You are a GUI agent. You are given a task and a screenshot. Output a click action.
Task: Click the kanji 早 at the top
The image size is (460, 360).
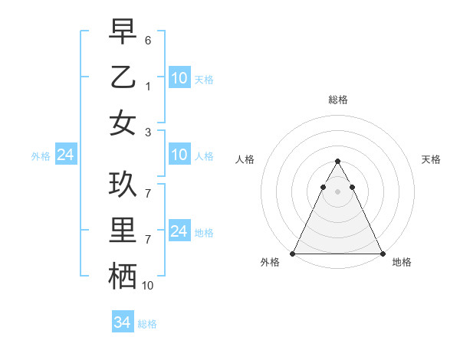pos(123,31)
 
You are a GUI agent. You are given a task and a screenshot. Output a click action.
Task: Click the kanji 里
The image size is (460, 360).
pos(123,230)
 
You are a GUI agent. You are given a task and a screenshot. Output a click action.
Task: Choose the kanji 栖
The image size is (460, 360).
pos(123,276)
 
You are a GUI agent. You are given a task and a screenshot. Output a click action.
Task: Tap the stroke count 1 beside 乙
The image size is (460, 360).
pos(148,86)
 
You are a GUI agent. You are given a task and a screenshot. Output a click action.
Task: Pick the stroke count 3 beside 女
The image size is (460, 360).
pos(148,132)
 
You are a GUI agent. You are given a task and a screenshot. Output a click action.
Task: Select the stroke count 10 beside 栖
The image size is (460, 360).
pos(148,285)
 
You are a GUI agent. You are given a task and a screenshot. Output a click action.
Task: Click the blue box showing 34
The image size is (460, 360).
pos(122,322)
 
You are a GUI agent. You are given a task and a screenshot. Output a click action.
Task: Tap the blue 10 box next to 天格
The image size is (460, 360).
pos(179,77)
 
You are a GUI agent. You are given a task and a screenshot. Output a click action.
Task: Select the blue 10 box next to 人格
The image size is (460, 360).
pos(179,155)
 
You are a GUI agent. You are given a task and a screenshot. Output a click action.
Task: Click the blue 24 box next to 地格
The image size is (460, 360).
pos(179,231)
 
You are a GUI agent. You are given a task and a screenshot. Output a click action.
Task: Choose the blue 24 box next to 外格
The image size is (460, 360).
pos(65,155)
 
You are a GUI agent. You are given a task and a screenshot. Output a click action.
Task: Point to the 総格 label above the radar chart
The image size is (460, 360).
pos(337,100)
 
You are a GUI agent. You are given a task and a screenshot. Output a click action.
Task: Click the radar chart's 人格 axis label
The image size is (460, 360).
pos(245,159)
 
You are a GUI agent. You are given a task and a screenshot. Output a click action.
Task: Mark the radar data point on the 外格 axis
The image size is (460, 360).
pos(293,253)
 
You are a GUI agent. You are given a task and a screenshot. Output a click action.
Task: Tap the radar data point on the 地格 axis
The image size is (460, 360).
pos(382,253)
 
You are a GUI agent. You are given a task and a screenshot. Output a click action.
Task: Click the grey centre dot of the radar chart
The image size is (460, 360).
pos(337,191)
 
